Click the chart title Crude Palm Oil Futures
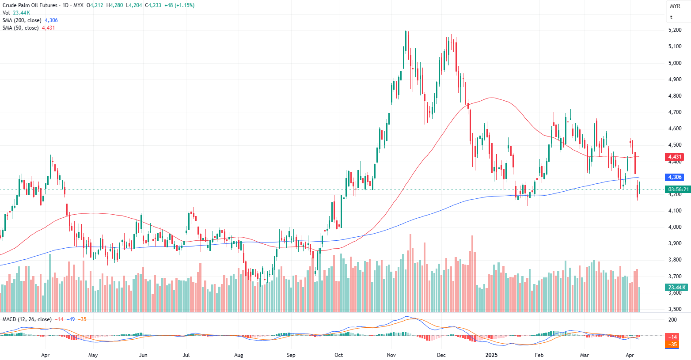[30, 5]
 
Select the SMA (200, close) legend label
[22, 20]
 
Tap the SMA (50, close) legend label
[20, 28]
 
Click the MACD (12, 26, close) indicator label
[27, 319]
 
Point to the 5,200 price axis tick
[675, 30]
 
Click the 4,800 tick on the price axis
[675, 96]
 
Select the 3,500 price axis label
[675, 309]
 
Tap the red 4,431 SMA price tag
[675, 157]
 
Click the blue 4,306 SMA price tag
[675, 177]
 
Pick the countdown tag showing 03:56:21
[678, 189]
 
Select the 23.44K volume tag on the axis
[677, 288]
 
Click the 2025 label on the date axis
[491, 355]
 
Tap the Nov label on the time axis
[391, 355]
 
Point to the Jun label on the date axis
[143, 355]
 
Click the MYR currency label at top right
[675, 6]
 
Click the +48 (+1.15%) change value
[179, 5]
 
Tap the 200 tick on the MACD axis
[672, 320]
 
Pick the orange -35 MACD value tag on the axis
[672, 345]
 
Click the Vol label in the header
[6, 13]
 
